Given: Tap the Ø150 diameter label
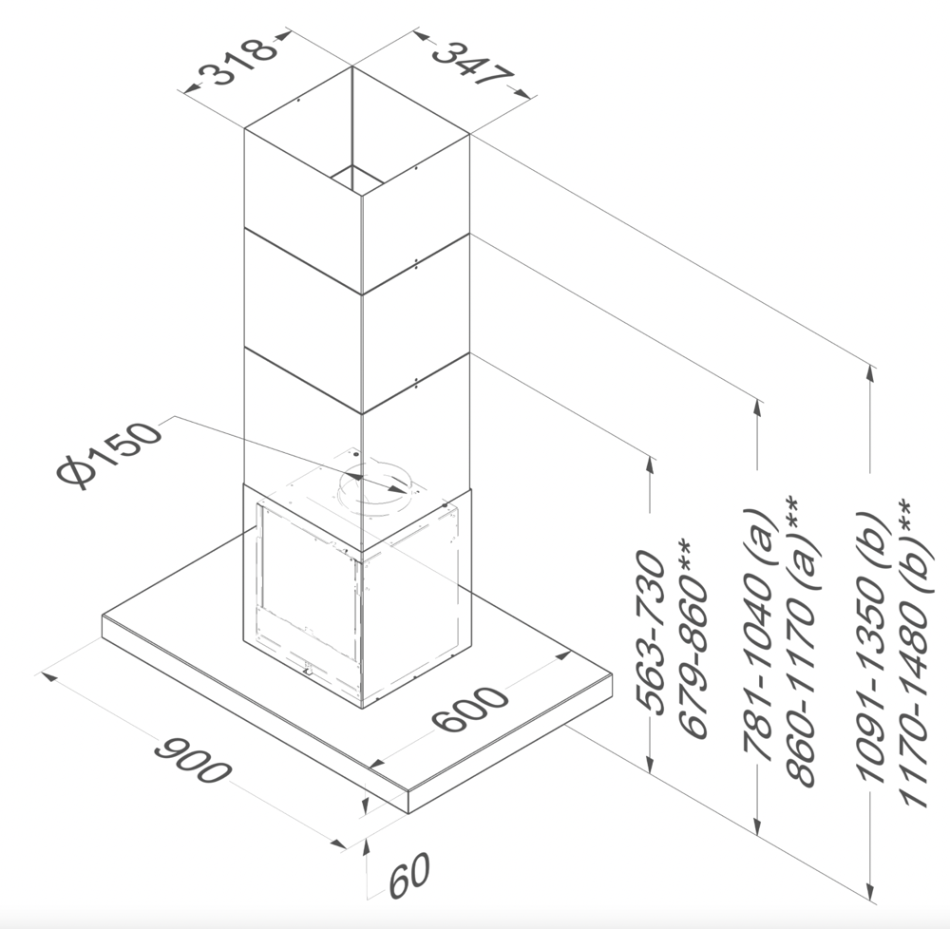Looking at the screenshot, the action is (x=110, y=454).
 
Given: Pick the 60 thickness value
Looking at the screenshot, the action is (x=409, y=875).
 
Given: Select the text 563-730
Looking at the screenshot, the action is (x=652, y=631).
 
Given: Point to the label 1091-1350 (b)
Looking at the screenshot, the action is (x=874, y=648).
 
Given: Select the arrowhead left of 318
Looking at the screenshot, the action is (x=193, y=88).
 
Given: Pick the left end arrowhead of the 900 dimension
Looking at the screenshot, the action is (x=49, y=676).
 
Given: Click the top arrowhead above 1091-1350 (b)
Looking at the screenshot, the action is (x=870, y=373).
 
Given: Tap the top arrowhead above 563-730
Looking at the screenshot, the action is (x=651, y=465).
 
